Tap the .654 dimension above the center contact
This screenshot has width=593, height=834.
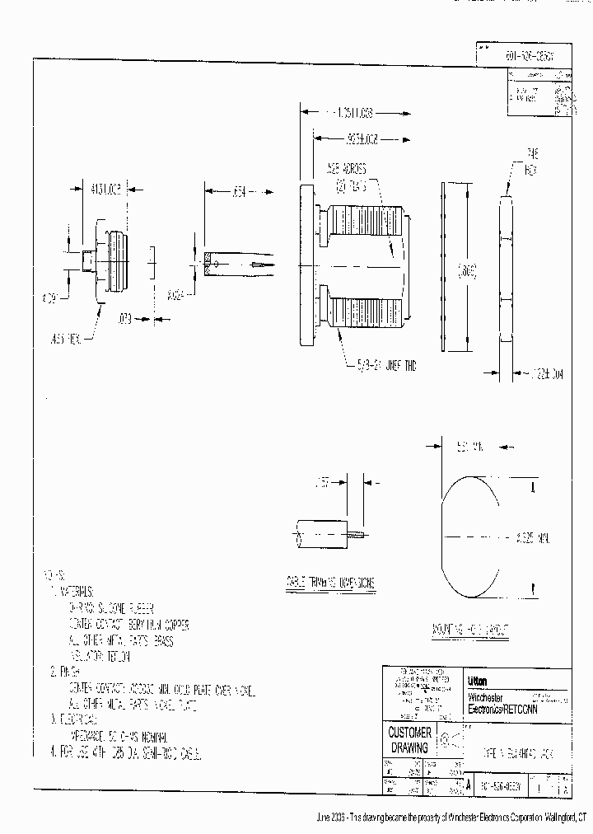239,192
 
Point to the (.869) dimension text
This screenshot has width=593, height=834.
468,269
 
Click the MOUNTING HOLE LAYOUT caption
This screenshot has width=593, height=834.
470,630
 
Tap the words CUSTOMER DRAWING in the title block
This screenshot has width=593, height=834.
409,741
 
